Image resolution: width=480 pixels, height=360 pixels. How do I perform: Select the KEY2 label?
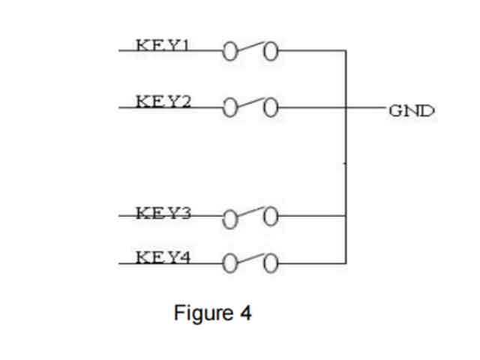[x=163, y=100]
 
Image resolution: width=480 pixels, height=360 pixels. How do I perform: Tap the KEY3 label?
[x=163, y=212]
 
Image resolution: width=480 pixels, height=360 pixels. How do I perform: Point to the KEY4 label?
[x=163, y=257]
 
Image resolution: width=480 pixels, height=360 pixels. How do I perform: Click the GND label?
[x=411, y=110]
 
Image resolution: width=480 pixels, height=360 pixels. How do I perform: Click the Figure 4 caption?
[x=212, y=312]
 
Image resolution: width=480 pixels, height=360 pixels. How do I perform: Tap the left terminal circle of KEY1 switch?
[x=229, y=52]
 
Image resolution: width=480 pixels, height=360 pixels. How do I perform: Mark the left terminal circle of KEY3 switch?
[x=229, y=218]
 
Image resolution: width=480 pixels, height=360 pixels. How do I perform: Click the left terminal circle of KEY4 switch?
[x=229, y=263]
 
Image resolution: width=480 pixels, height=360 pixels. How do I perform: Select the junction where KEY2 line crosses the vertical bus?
[x=345, y=109]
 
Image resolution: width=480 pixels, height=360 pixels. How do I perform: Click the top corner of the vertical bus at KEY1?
[x=345, y=52]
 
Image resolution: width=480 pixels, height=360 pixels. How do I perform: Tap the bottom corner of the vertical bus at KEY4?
[x=345, y=263]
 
